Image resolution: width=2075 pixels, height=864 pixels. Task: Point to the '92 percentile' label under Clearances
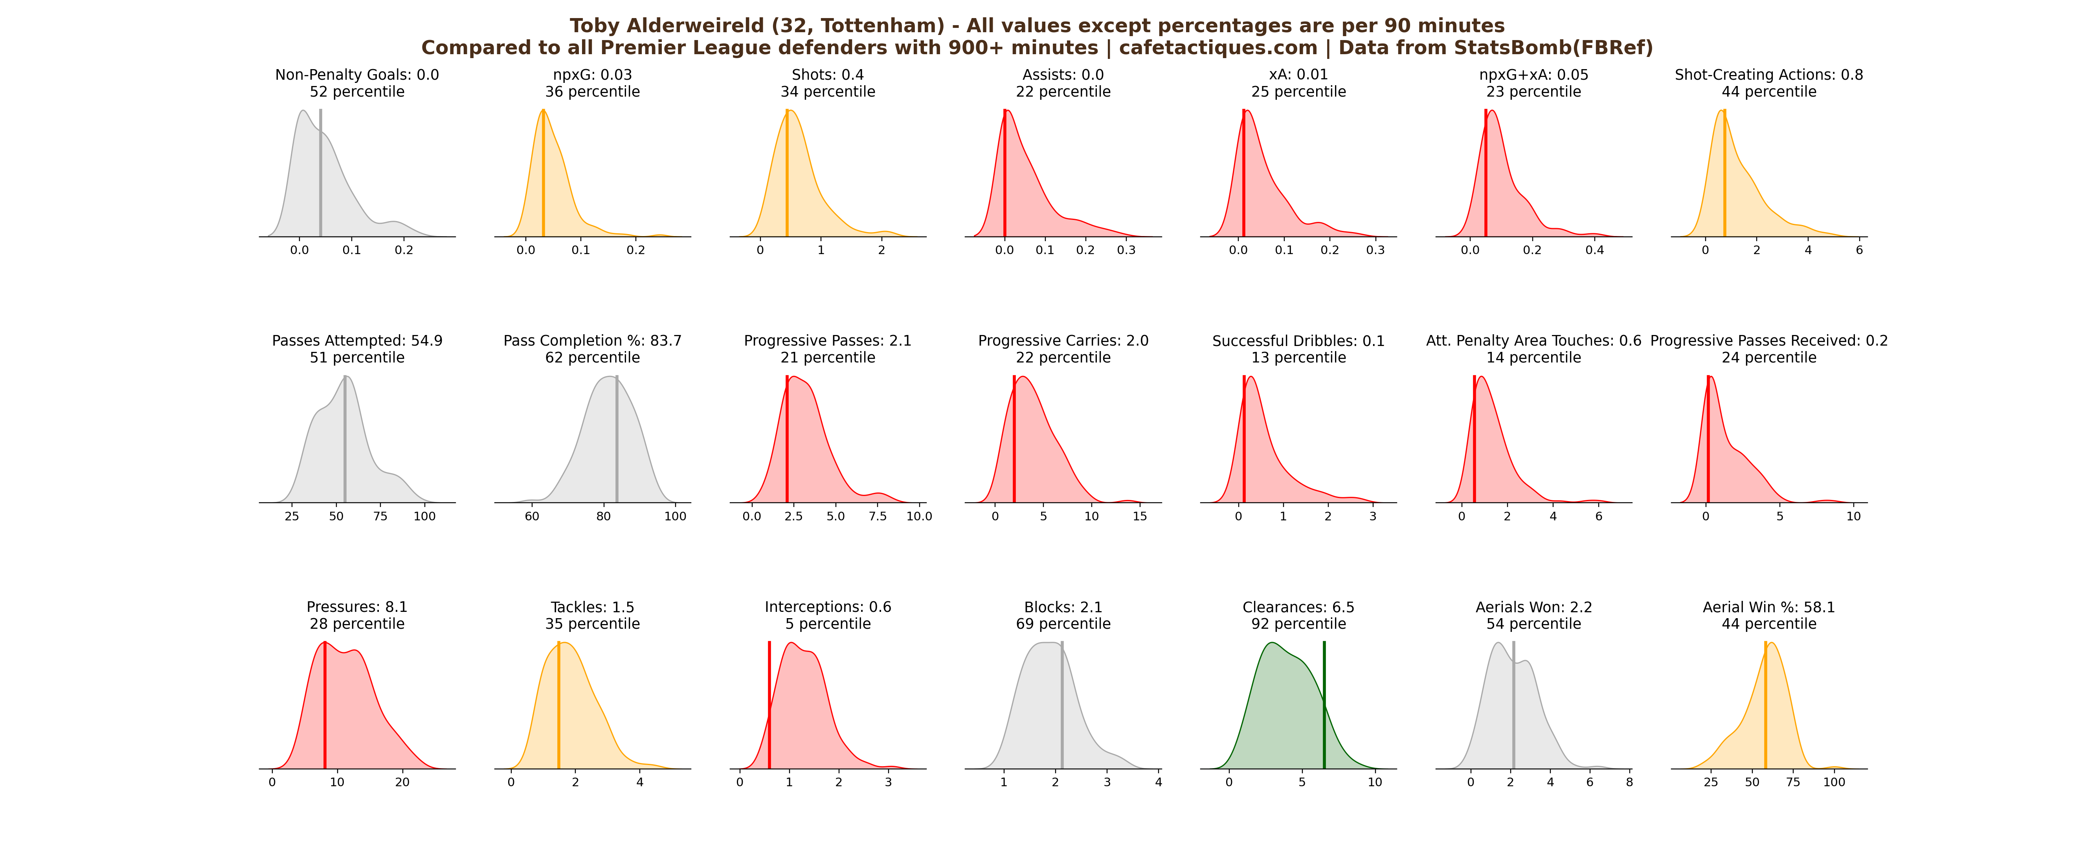1298,624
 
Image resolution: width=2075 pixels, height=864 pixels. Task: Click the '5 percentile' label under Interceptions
828,624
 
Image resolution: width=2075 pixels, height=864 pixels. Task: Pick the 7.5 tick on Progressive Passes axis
877,516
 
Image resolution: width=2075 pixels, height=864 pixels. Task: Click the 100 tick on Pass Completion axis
675,516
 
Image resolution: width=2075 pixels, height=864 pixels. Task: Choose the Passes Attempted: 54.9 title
357,340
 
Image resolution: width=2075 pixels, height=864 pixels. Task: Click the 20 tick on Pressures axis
402,782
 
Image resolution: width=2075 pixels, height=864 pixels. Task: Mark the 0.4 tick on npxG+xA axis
1594,251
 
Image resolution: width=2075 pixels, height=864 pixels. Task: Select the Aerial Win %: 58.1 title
1769,607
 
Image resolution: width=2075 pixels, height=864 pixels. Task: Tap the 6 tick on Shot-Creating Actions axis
1859,251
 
